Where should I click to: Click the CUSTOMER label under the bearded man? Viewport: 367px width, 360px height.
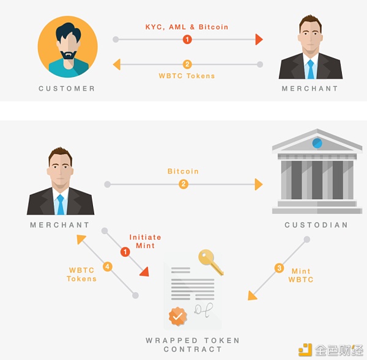click(67, 89)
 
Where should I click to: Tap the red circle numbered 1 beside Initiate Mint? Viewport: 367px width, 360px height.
click(125, 251)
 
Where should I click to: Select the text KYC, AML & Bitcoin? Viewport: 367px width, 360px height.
click(187, 27)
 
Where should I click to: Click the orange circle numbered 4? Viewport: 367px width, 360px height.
click(107, 267)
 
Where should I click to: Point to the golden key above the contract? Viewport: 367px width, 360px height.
click(210, 262)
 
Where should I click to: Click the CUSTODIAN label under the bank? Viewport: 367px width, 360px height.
click(316, 225)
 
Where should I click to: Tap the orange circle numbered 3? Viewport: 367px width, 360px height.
click(279, 267)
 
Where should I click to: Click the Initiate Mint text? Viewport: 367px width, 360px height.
click(142, 241)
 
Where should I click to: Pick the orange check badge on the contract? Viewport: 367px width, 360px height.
click(177, 317)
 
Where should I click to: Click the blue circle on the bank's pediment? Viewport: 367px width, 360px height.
click(316, 142)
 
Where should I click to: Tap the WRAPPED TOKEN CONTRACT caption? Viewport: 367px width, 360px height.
click(193, 345)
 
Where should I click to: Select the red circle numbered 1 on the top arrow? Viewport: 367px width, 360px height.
click(187, 39)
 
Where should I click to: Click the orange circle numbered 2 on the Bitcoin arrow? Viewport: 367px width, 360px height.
click(183, 184)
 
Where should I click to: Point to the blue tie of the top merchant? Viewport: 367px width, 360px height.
click(311, 68)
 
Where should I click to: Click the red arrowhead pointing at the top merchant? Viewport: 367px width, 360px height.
click(259, 39)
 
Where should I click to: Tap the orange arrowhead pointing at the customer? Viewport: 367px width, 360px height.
click(117, 64)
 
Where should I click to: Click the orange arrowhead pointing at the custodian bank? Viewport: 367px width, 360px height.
click(259, 184)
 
